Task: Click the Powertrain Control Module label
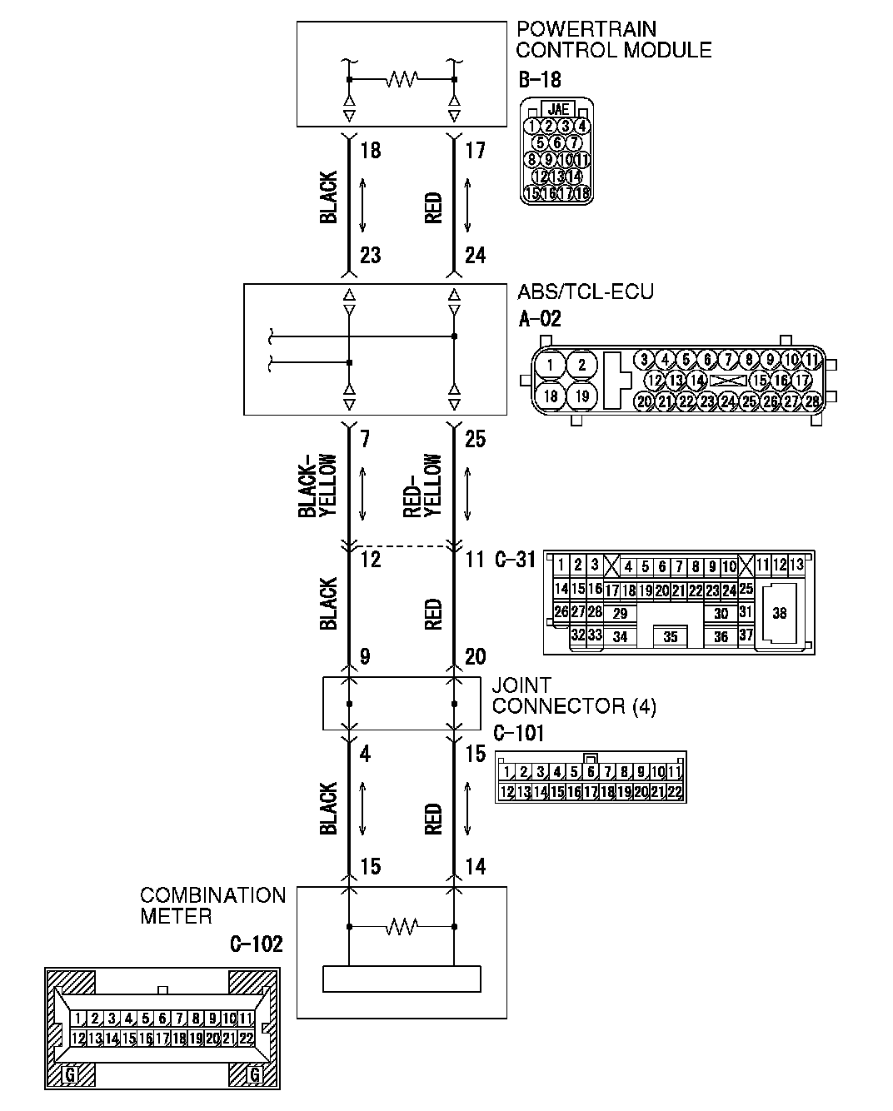tap(613, 39)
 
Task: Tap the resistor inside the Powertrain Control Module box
tap(402, 80)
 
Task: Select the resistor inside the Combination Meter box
tap(402, 926)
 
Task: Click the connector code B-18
tap(539, 80)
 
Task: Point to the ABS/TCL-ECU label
tap(585, 291)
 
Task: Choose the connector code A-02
tap(539, 318)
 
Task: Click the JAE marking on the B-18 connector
tap(557, 109)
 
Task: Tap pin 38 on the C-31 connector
tap(779, 614)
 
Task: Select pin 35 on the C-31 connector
tap(671, 637)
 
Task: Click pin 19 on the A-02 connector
tap(581, 396)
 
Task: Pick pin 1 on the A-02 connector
tap(550, 365)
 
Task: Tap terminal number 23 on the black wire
tap(370, 255)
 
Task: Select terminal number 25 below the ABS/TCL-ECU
tap(475, 439)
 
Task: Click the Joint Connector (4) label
tap(573, 696)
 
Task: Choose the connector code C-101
tap(518, 733)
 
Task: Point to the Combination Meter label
tap(212, 905)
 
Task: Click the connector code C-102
tap(256, 944)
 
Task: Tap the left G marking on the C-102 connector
tap(71, 1074)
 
